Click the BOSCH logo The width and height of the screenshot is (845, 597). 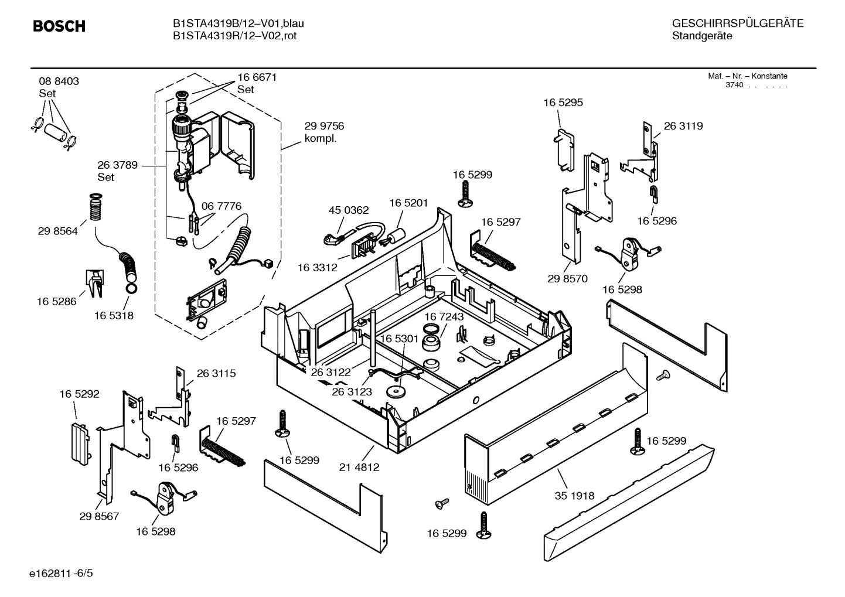pos(59,26)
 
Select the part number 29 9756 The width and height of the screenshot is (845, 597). pos(324,127)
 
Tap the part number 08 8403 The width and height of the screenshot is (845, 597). pos(59,81)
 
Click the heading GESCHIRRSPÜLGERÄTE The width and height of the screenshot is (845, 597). pos(737,23)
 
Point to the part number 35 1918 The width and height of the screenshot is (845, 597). pos(574,496)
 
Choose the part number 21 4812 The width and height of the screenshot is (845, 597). pos(359,468)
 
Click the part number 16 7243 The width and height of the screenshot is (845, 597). pos(444,317)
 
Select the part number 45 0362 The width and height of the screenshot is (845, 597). pos(349,210)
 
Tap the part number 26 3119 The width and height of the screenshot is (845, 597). pos(683,126)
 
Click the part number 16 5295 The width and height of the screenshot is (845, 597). pos(563,103)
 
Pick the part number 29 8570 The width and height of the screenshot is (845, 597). pos(567,279)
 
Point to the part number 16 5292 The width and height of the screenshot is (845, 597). pos(79,394)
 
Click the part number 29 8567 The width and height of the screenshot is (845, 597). pos(99,516)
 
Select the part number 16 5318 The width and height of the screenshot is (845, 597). pos(114,316)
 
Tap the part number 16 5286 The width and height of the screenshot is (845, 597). pos(56,302)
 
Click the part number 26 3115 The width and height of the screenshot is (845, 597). pos(216,373)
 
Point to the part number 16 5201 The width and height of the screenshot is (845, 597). pos(409,203)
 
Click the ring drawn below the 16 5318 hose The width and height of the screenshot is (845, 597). pos(131,288)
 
